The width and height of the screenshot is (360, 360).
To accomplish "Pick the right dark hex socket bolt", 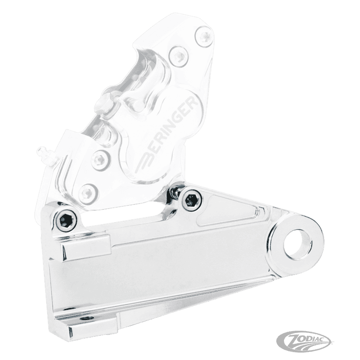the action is (192, 200).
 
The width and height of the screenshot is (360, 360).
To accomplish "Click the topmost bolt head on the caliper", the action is (204, 36).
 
